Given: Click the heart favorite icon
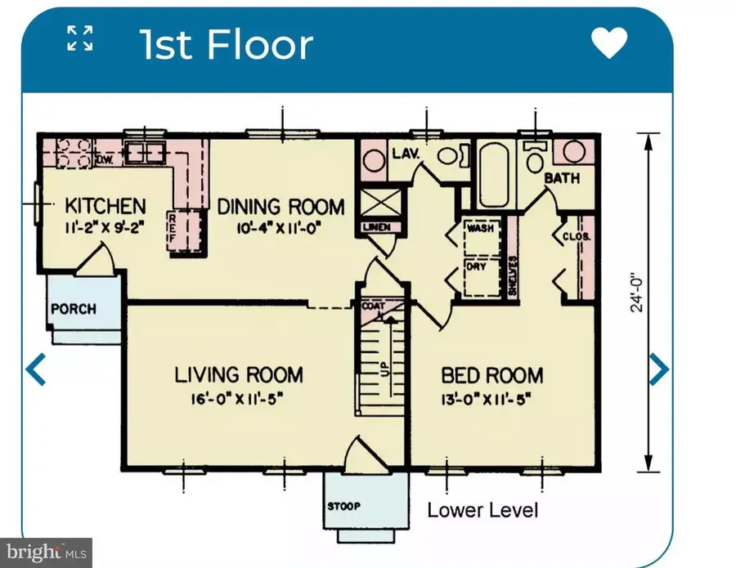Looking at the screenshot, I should click(608, 43).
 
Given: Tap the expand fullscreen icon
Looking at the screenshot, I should click(79, 38).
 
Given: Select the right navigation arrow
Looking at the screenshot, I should click(658, 369).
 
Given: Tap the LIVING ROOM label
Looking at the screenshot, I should click(239, 375).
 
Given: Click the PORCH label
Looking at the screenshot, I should click(74, 310).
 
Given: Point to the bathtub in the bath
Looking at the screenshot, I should click(496, 175).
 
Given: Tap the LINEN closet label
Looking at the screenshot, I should click(377, 226).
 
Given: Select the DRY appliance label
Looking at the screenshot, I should click(477, 266).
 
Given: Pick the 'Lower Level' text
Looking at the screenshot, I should click(482, 511).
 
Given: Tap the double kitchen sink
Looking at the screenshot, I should click(144, 152).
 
